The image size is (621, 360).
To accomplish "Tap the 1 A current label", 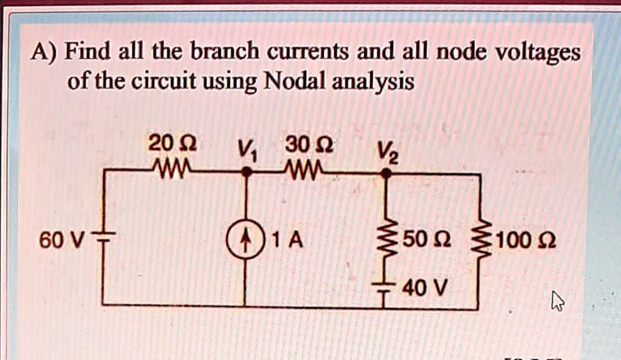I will click(x=287, y=241).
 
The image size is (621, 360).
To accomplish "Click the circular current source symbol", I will click(x=246, y=241).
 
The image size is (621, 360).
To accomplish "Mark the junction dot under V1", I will click(x=246, y=173).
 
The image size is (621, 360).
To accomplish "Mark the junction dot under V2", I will click(x=385, y=173).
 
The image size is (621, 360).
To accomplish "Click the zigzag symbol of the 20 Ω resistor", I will click(x=172, y=165).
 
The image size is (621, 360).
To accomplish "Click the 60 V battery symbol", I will click(x=103, y=241).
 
